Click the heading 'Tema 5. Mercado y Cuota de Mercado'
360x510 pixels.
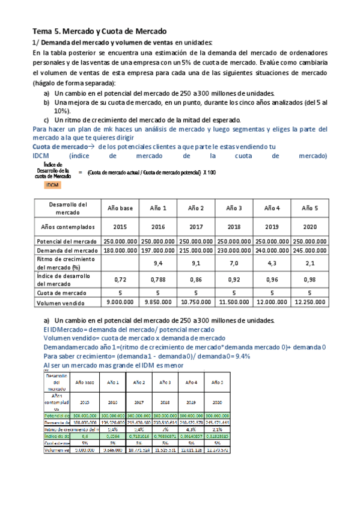coord(99,31)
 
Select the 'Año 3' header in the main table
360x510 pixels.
coord(234,207)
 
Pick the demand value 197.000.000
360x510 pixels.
coord(157,250)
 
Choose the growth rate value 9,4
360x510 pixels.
coord(157,263)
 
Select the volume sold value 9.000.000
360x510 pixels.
coord(120,303)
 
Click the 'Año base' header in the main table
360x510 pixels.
coord(120,207)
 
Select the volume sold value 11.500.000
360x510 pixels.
coord(234,303)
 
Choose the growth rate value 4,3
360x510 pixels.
coord(272,263)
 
